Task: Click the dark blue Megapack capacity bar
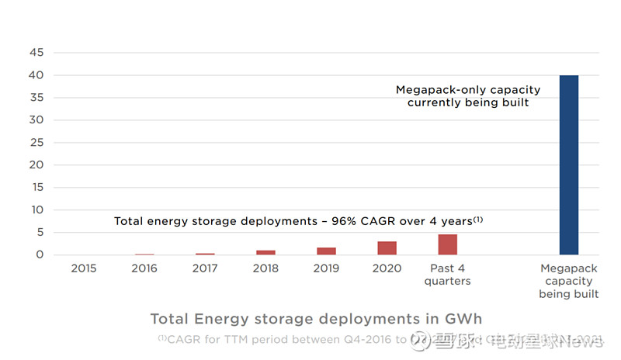coord(569,164)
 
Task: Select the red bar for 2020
coord(387,248)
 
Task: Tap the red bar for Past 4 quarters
coord(447,244)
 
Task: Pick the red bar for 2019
coord(326,251)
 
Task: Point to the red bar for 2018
coord(265,252)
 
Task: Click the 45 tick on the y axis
coord(36,53)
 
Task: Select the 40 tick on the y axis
coord(36,75)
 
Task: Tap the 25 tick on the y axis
coord(36,143)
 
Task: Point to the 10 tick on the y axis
coord(36,210)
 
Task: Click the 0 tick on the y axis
coord(39,255)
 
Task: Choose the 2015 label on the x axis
coord(84,268)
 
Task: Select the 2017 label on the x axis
coord(205,268)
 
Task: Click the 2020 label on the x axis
coord(387,268)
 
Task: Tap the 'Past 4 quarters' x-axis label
coord(447,275)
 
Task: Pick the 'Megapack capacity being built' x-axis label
coord(569,281)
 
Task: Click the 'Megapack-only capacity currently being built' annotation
coord(468,96)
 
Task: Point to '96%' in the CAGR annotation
coord(350,221)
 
